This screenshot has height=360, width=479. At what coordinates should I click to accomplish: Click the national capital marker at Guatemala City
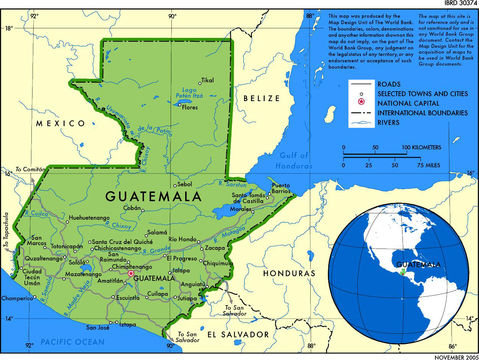point(129,272)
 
